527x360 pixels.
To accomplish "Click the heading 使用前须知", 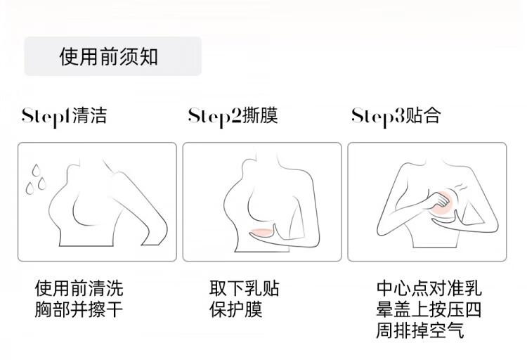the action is pos(108,56).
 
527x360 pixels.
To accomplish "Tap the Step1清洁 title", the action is pos(64,117).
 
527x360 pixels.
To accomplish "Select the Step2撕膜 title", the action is pos(233,117).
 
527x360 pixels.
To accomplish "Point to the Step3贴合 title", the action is pos(396,117).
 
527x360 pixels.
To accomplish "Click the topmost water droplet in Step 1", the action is pos(36,170).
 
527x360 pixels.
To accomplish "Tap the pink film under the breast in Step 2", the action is pos(261,232).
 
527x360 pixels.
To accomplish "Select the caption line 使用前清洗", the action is pos(79,288).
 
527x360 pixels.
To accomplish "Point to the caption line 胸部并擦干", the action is pos(79,309).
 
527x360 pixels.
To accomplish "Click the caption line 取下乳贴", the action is pos(245,288).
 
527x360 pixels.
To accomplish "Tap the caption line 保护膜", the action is pos(235,309).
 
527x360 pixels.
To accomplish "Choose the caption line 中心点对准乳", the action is pos(429,288).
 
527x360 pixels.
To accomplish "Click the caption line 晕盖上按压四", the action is pos(429,309).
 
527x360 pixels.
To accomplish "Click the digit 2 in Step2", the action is pos(236,116).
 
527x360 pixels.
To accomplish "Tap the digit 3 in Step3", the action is pos(400,116).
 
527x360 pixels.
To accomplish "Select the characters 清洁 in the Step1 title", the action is pos(89,116).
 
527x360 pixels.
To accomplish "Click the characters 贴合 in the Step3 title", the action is pos(423,116).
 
